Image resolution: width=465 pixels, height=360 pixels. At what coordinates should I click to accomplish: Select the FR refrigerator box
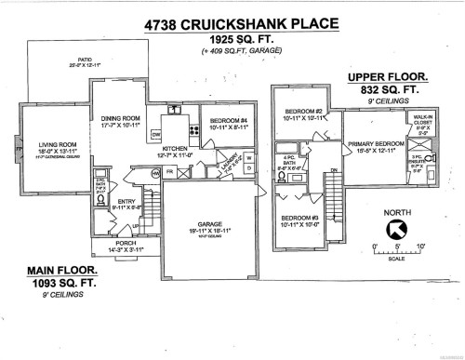(170, 172)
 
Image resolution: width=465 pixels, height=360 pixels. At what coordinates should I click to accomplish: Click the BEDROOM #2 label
(302, 112)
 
